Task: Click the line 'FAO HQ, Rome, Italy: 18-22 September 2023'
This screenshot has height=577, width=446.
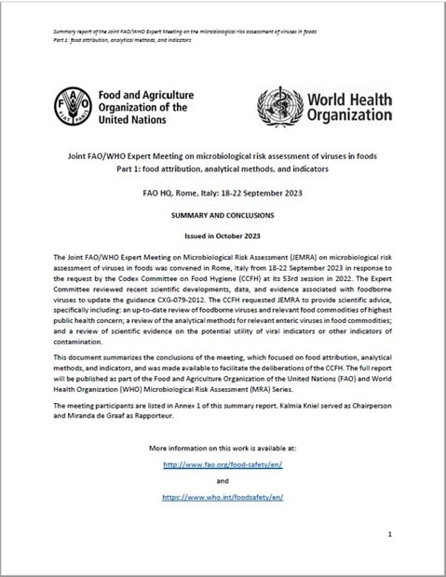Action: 223,193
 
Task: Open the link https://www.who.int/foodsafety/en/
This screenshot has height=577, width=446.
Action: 223,498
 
